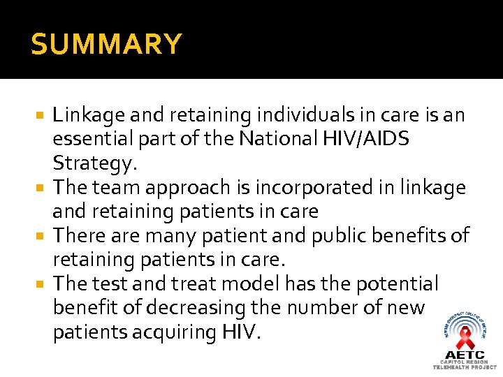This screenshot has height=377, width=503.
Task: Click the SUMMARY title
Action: [x=106, y=45]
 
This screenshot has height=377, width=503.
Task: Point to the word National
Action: [x=279, y=140]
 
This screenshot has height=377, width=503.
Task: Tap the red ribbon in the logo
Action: [x=465, y=339]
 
